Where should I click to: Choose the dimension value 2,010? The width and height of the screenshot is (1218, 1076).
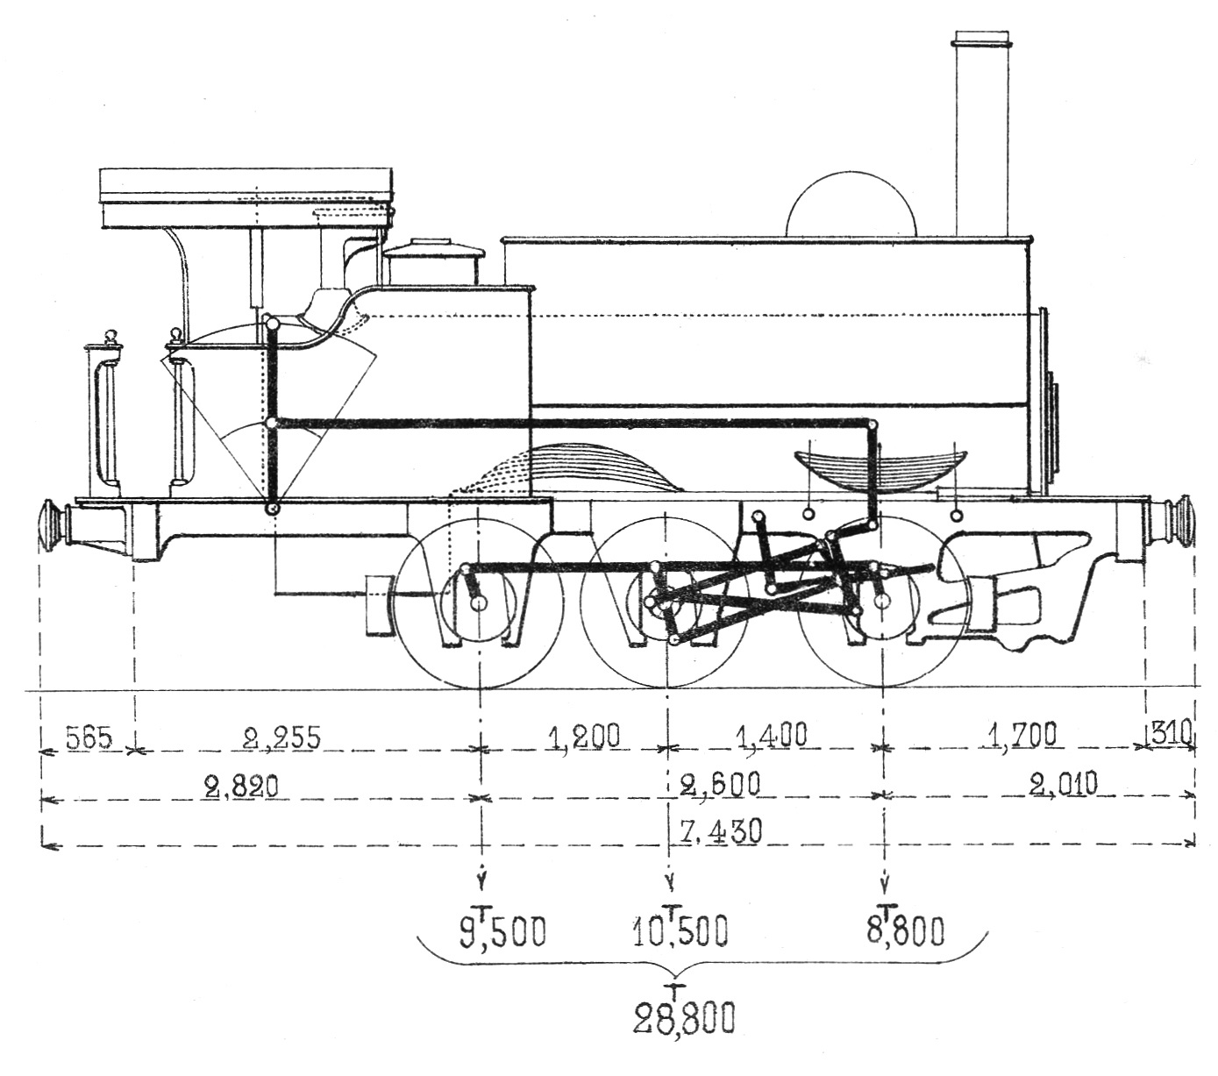tap(1063, 783)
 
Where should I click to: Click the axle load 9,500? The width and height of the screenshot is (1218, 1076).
tap(502, 932)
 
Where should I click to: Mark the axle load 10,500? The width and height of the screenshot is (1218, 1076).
tap(682, 932)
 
